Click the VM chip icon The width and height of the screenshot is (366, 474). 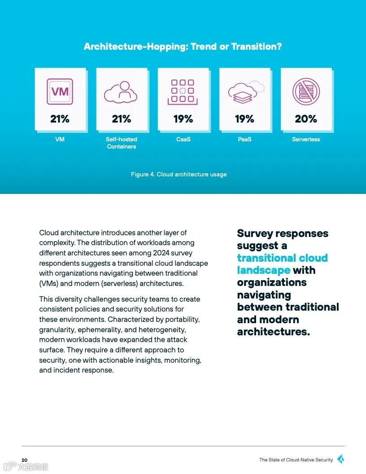pyautogui.click(x=60, y=92)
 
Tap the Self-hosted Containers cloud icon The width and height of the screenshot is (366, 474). pyautogui.click(x=121, y=92)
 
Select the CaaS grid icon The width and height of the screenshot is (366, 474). pyautogui.click(x=183, y=92)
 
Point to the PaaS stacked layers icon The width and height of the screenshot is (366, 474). pyautogui.click(x=244, y=92)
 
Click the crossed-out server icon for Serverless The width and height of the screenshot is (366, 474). pyautogui.click(x=306, y=92)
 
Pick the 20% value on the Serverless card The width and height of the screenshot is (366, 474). pyautogui.click(x=306, y=119)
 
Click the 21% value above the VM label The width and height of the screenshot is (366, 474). pyautogui.click(x=60, y=119)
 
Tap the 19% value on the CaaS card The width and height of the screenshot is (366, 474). pyautogui.click(x=183, y=119)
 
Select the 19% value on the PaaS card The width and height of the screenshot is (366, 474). pyautogui.click(x=244, y=119)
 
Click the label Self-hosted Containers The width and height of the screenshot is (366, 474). pyautogui.click(x=121, y=143)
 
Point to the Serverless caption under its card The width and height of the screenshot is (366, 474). pyautogui.click(x=306, y=139)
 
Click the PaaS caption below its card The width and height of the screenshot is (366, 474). pyautogui.click(x=244, y=139)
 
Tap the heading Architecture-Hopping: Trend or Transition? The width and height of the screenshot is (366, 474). pyautogui.click(x=183, y=46)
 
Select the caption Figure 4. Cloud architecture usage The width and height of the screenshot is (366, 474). pyautogui.click(x=179, y=174)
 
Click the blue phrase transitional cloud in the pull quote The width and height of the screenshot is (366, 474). pyautogui.click(x=282, y=258)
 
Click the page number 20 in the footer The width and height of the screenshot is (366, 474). pyautogui.click(x=24, y=460)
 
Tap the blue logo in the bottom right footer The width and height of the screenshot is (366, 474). pyautogui.click(x=340, y=459)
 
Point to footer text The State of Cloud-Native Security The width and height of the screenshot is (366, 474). pyautogui.click(x=296, y=460)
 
